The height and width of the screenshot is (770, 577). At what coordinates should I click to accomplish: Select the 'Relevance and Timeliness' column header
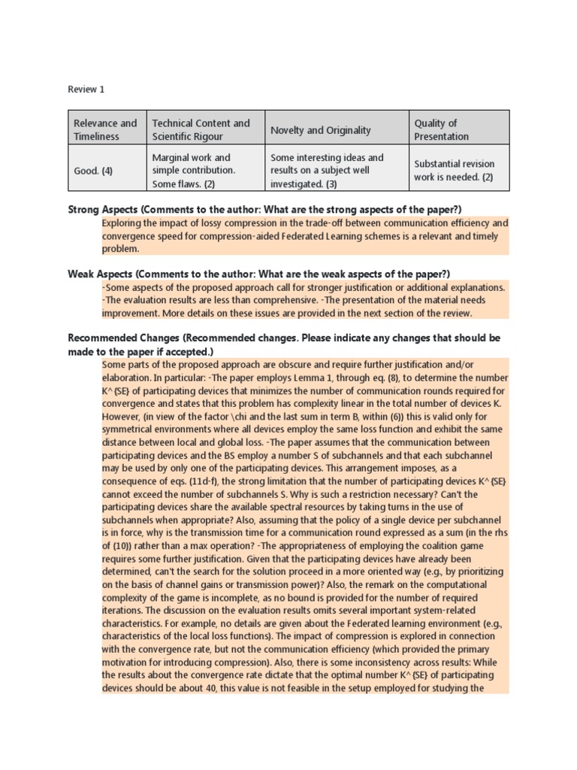tap(105, 129)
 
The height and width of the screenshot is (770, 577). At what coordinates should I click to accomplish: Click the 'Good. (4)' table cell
tap(93, 171)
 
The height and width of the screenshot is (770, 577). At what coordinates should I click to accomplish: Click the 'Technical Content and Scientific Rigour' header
tap(201, 129)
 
